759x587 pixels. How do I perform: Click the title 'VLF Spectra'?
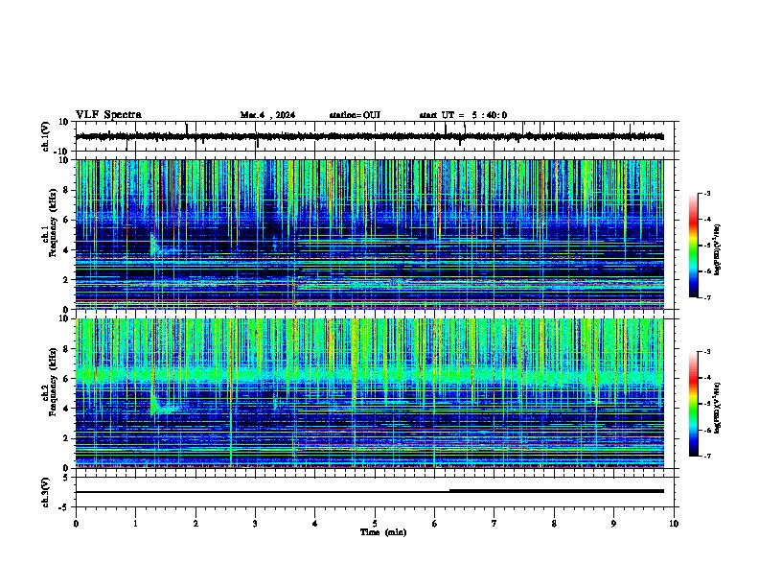click(108, 115)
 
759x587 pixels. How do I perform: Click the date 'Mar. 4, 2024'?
click(267, 115)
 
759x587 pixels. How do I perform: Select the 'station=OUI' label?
click(355, 115)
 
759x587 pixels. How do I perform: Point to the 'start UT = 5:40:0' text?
click(463, 115)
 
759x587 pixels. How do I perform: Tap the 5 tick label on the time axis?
click(375, 523)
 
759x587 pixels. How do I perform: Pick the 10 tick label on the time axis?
click(674, 523)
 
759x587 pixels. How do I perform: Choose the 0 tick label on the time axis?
click(76, 523)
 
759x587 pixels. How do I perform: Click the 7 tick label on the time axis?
click(494, 523)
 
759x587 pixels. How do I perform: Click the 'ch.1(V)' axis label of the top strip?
click(45, 137)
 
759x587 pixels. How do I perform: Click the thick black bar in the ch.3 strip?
click(556, 490)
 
